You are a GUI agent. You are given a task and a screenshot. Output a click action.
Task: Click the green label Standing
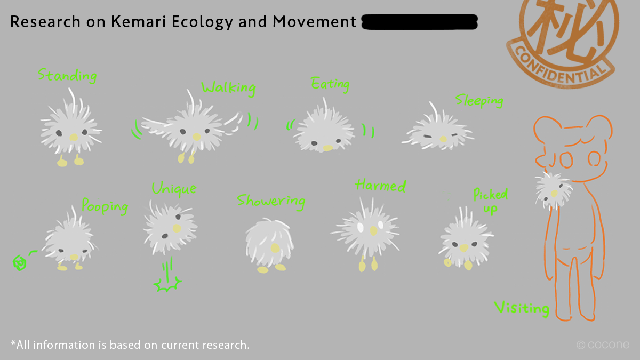point(68,75)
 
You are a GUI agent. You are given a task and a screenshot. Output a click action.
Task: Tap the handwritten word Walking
point(228,88)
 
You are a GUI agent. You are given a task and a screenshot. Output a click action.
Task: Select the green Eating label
point(330,84)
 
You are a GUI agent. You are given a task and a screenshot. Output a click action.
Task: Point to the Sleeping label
point(479,100)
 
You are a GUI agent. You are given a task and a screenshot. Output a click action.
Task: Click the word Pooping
point(105,206)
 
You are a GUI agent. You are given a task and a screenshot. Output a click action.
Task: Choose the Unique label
point(174,189)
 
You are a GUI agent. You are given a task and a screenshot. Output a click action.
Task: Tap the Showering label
point(271,201)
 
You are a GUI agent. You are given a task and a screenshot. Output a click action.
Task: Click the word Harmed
point(380,186)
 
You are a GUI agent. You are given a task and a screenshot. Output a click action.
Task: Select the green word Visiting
point(522,308)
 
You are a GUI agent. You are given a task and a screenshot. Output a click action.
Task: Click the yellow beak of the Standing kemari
point(74,137)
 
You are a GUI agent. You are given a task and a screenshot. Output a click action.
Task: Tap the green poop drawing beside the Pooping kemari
point(20,262)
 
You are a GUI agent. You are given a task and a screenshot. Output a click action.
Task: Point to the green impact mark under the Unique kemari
point(168,285)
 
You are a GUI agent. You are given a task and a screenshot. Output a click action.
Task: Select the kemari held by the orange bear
point(554,190)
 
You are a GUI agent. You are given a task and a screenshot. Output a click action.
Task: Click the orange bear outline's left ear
point(545,131)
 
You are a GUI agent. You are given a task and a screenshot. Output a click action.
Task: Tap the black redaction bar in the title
point(419,22)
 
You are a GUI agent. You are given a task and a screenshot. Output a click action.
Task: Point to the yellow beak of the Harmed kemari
point(373,230)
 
